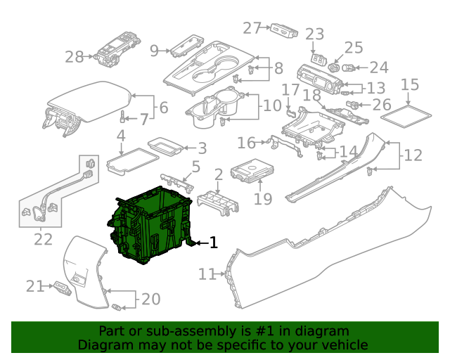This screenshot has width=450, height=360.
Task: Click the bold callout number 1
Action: [214, 243]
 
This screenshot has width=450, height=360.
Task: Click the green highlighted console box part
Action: [149, 226]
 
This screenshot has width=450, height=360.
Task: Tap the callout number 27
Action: [252, 28]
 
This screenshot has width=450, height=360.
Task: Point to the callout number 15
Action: [409, 84]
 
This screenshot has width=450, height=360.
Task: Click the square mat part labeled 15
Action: [406, 117]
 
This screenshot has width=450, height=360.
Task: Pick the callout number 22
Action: [44, 239]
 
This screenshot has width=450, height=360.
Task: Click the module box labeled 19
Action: [252, 171]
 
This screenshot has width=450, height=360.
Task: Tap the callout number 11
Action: [207, 274]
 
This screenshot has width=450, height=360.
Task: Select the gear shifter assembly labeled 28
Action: [117, 49]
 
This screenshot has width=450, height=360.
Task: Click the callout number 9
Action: [154, 51]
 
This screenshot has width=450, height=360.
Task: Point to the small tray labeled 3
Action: [165, 147]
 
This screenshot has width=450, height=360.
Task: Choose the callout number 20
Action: [151, 299]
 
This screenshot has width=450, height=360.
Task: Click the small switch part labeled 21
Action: [63, 288]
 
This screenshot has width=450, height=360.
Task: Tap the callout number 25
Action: [354, 47]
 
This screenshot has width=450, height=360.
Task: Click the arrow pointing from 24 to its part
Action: [362, 68]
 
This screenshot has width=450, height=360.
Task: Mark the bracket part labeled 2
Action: [218, 203]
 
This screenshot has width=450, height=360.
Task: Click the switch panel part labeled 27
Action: [284, 31]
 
